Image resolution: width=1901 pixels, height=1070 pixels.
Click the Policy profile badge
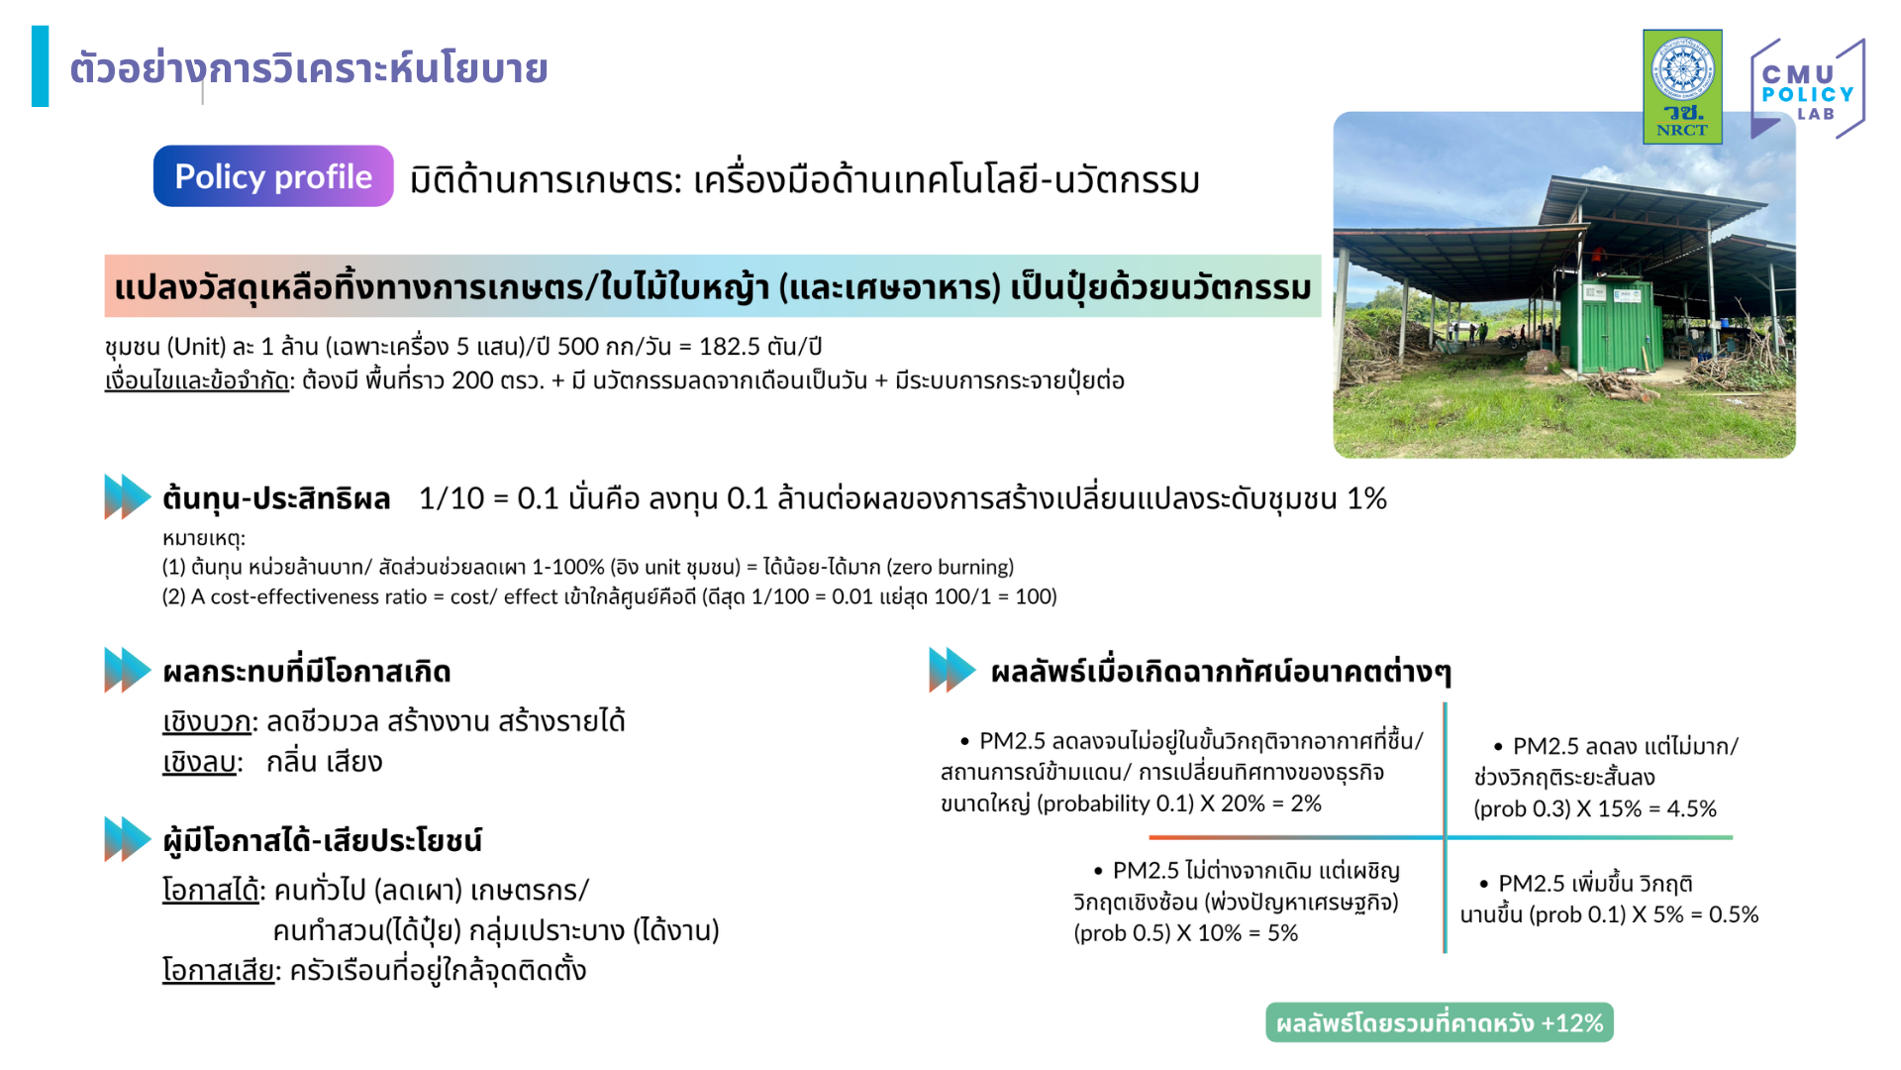click(273, 176)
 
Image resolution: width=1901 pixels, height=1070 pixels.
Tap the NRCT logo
click(1682, 87)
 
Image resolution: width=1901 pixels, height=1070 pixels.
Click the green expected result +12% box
click(1440, 1022)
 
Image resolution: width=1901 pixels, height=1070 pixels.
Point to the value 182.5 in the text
click(730, 347)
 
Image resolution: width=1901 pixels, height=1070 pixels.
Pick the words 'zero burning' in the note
click(952, 567)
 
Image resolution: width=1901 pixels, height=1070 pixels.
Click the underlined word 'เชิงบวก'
click(207, 721)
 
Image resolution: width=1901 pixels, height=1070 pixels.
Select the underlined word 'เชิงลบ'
click(199, 762)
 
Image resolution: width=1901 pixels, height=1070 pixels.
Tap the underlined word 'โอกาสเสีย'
click(218, 970)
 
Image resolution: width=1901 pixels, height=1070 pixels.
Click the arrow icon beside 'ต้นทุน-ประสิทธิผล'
click(128, 497)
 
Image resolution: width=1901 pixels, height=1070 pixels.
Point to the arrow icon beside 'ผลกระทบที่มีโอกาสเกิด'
click(128, 670)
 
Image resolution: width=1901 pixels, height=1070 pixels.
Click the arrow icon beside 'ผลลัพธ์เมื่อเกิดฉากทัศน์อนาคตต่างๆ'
click(952, 670)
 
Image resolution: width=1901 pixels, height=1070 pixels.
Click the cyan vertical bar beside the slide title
click(40, 66)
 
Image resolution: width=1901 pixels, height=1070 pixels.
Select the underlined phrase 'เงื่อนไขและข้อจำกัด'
click(196, 380)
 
